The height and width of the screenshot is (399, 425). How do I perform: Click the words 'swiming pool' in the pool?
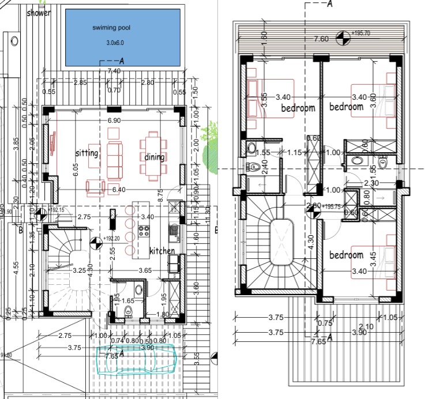tap(109, 28)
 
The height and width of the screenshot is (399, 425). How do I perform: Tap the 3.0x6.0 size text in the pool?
tap(116, 43)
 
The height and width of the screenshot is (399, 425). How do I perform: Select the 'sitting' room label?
tap(87, 153)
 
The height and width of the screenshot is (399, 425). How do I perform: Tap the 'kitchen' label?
tap(162, 251)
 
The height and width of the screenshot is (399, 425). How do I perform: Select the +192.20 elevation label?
tap(111, 238)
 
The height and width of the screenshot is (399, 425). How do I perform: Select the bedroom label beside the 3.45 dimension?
tap(346, 255)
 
